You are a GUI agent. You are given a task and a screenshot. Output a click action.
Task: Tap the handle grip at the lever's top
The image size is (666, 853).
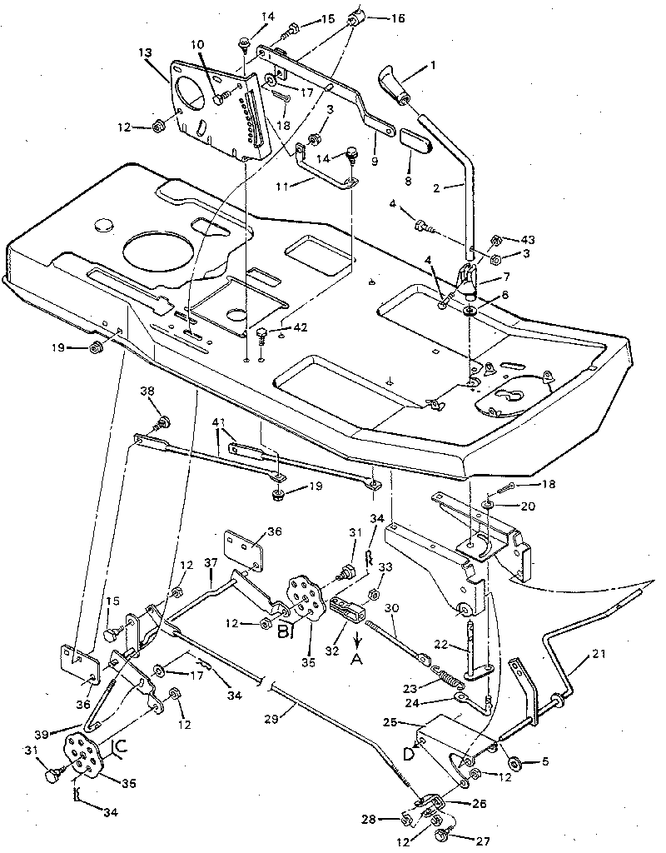point(395,84)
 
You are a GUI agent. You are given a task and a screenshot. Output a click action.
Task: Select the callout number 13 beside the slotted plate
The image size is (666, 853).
point(147,53)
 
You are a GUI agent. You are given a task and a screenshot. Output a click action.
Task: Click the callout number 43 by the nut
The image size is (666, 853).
point(529,238)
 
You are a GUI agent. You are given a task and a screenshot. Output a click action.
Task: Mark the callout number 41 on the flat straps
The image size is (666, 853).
point(218,423)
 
